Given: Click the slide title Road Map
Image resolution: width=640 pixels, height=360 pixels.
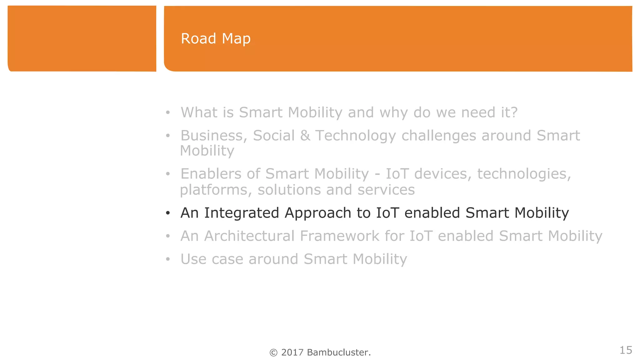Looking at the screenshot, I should coord(216,39).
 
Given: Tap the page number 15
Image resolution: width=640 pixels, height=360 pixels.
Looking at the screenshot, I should coord(626,350).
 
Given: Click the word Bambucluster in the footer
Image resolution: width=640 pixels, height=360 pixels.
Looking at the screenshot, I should coord(338,352).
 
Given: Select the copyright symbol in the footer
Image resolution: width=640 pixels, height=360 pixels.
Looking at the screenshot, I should coord(273,353).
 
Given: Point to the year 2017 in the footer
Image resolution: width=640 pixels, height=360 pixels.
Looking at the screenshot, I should coord(292,352).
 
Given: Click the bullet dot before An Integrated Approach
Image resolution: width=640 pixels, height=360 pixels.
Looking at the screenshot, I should coord(168,213).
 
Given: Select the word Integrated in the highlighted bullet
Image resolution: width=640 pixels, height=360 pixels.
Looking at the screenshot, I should coord(241,213).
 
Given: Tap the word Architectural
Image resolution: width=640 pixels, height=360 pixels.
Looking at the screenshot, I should coord(249,236).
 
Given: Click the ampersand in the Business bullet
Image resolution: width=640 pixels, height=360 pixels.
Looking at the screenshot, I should coord(305,136).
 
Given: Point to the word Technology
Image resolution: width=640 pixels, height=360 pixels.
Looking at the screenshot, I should coord(355,136).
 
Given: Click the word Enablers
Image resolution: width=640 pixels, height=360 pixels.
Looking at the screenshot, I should coord(211,174).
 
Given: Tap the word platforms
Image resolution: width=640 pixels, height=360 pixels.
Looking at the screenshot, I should coord(216,190).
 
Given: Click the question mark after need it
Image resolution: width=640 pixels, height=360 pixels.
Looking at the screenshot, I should coord(514,112).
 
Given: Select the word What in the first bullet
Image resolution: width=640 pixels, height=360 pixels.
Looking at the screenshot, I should coord(199,112).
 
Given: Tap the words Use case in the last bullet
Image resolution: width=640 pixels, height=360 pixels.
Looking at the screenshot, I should coord(212,259).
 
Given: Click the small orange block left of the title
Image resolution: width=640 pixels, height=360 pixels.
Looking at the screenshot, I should coord(82,39).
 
